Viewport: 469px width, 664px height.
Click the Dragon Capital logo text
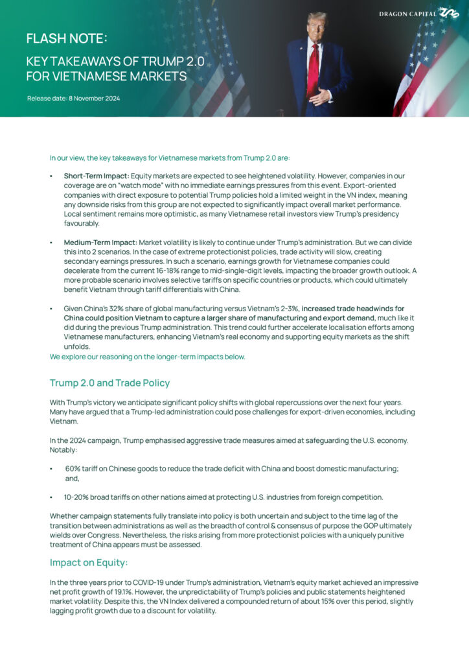point(407,13)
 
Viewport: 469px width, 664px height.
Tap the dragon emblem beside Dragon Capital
point(448,13)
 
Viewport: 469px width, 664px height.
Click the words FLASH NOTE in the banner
point(65,39)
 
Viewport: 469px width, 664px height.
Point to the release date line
point(73,99)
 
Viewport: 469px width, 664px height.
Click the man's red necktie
point(314,68)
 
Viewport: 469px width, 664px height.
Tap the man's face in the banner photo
point(317,27)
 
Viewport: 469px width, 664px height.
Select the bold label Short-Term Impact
point(97,176)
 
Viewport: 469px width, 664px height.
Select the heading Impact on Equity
point(89,562)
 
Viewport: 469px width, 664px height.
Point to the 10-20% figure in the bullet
point(76,497)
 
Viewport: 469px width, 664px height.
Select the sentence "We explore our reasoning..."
point(147,357)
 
